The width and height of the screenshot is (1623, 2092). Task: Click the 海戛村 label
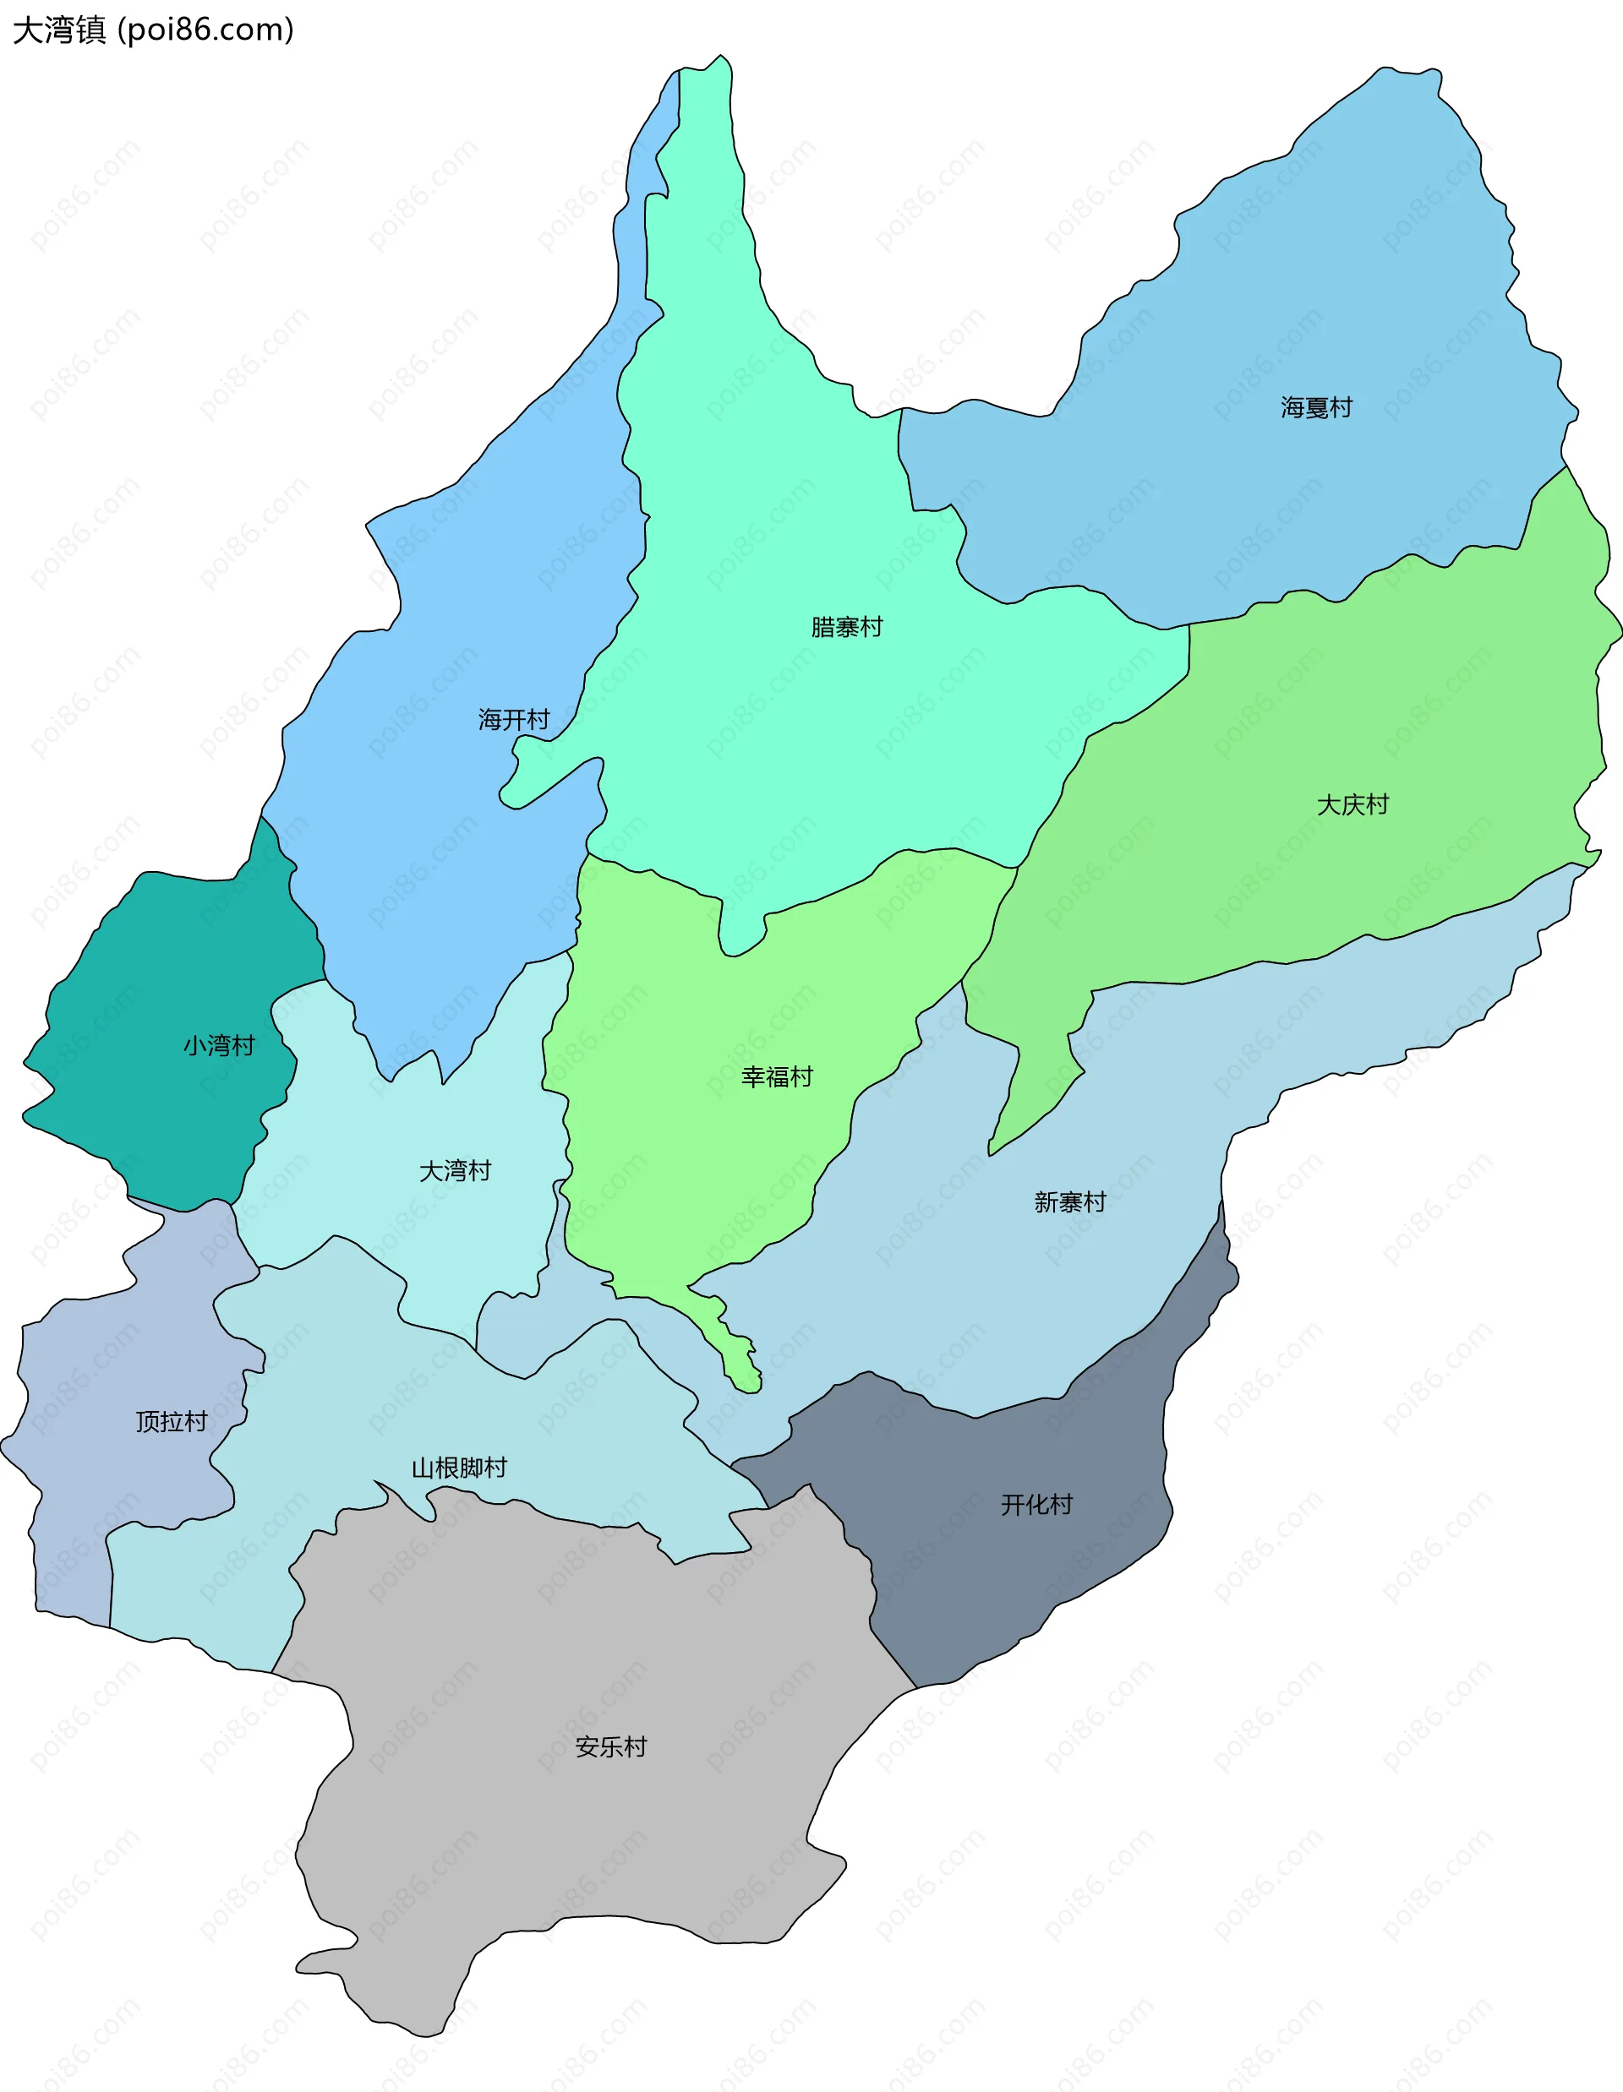click(x=1316, y=408)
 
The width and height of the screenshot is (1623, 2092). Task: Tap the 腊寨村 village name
click(x=847, y=628)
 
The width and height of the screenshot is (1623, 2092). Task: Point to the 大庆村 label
click(x=1352, y=804)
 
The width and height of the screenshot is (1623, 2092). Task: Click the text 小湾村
click(x=220, y=1045)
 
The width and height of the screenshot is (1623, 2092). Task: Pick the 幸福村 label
click(x=777, y=1076)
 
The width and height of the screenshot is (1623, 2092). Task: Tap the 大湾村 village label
click(x=455, y=1170)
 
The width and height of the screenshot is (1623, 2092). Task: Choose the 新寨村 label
click(x=1070, y=1202)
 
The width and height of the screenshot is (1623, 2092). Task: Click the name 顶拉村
click(x=172, y=1421)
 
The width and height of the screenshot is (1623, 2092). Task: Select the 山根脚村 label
click(x=460, y=1468)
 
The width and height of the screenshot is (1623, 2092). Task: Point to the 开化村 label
click(x=1036, y=1505)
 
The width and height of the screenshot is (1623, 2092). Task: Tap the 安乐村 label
click(x=611, y=1747)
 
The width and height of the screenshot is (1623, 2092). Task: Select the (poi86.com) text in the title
click(x=205, y=30)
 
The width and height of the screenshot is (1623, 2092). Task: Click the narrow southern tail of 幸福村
click(x=740, y=1360)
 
